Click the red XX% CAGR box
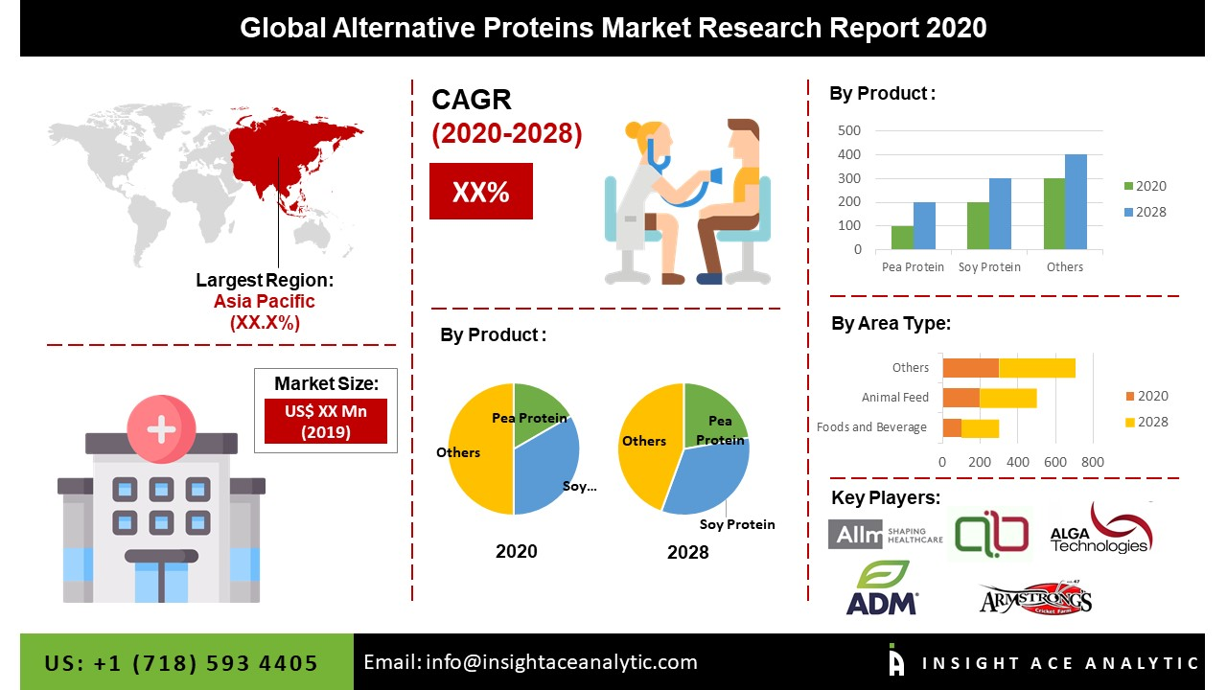coord(480,192)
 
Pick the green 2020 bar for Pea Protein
coord(902,238)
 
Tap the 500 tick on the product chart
coord(849,130)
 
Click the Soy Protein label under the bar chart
coord(989,267)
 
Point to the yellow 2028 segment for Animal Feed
coord(1007,398)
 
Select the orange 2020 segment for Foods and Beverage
coord(952,427)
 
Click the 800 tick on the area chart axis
coord(1092,462)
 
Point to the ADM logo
coord(882,587)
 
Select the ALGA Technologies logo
coord(1100,530)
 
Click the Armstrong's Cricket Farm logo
coord(1035,600)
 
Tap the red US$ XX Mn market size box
coord(325,421)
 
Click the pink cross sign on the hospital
coord(160,428)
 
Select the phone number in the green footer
coord(181,663)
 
